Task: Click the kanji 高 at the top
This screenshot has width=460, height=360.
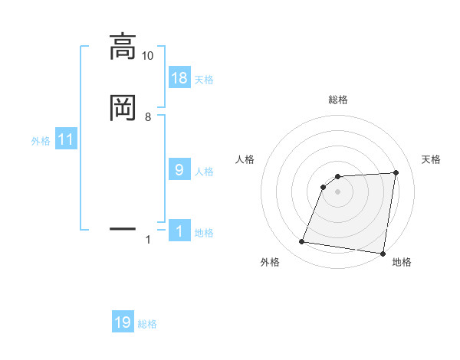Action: point(123,47)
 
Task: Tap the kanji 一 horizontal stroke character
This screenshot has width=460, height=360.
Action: point(123,228)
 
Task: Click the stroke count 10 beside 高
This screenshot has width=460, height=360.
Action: point(147,56)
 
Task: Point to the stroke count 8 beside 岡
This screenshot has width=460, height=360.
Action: point(148,116)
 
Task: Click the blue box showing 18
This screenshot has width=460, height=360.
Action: point(179,78)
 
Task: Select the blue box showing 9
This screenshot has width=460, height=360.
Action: point(179,169)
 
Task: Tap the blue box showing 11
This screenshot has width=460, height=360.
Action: point(66,139)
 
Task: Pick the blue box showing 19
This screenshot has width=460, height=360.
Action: point(123,322)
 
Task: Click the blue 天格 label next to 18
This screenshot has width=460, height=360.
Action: point(204,80)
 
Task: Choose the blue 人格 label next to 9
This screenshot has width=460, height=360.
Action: point(204,171)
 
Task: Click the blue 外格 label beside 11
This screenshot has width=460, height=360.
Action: point(41,141)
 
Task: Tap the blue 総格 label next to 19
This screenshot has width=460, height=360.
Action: point(147,324)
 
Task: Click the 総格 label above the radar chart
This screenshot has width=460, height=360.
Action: point(338,100)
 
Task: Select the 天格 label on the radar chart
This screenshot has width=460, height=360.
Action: point(432,159)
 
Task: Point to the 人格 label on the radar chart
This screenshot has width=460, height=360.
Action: point(245,159)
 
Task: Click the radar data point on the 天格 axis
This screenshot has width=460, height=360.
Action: point(396,172)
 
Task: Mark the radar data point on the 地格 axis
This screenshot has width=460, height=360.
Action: point(383,254)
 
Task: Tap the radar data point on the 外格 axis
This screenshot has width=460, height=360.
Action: point(302,242)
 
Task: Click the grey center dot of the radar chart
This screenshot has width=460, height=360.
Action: point(338,191)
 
